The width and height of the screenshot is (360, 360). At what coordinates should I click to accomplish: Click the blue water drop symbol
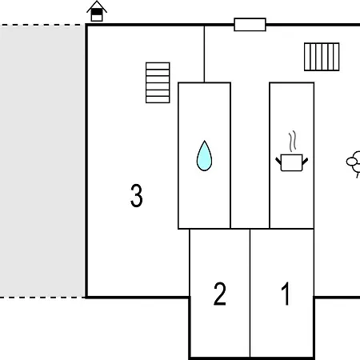click(204, 156)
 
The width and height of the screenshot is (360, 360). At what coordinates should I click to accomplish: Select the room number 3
click(137, 195)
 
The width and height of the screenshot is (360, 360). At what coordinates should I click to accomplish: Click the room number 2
click(220, 294)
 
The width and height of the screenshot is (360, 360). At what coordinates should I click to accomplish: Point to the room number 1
click(286, 294)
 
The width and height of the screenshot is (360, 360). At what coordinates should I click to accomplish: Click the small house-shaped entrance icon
click(97, 11)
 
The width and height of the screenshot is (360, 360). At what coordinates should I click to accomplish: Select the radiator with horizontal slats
click(158, 82)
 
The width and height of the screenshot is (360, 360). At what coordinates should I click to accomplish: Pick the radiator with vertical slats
click(322, 57)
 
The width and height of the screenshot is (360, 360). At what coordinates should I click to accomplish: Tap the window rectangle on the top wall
click(250, 25)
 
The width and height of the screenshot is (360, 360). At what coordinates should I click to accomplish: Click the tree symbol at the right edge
click(354, 162)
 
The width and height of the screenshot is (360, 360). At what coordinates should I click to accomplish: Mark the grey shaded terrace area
click(42, 162)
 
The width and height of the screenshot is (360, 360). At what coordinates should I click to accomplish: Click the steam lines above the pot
click(293, 141)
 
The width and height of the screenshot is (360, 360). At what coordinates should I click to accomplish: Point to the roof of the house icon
click(97, 6)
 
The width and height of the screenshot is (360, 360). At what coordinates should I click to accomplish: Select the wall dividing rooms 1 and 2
click(250, 293)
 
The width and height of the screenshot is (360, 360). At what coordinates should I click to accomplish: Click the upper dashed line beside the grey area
click(42, 25)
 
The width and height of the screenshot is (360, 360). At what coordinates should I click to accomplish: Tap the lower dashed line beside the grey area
click(42, 298)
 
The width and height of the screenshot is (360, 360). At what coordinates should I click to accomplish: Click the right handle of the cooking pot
click(305, 161)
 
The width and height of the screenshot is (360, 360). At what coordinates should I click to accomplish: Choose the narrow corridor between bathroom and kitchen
click(250, 155)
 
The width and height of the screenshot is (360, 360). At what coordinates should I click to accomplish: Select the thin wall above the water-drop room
click(204, 54)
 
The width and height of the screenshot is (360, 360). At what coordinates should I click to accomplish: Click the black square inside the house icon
click(97, 12)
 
